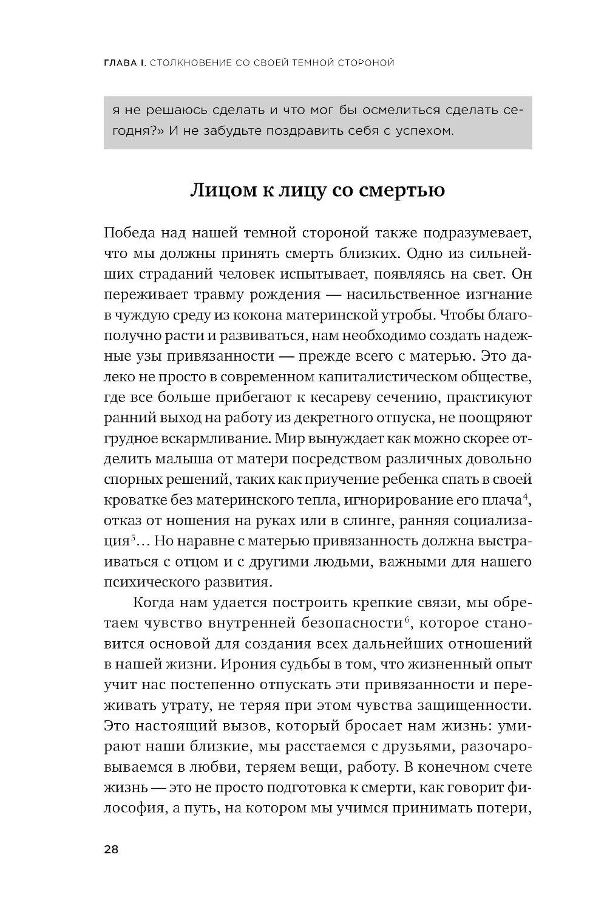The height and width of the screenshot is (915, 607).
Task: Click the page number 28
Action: click(x=111, y=849)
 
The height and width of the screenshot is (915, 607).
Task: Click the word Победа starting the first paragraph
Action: click(x=130, y=234)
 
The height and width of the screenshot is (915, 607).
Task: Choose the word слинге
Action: click(x=352, y=521)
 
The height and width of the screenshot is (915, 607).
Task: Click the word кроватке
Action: click(x=129, y=501)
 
